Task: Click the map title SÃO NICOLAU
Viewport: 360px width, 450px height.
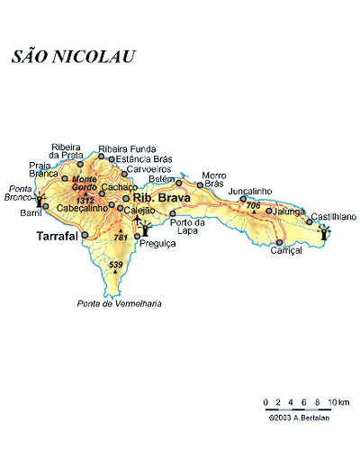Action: (74, 57)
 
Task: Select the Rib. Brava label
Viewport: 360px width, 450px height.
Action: (161, 197)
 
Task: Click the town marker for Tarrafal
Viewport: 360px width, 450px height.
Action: (85, 236)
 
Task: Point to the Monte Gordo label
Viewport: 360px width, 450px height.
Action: (84, 183)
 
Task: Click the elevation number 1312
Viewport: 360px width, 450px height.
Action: (85, 200)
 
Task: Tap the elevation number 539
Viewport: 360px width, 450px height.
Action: (115, 265)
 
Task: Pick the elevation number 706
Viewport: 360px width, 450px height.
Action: (253, 206)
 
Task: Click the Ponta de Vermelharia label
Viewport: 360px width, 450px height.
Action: (119, 303)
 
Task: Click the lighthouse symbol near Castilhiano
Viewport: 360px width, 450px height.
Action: (324, 233)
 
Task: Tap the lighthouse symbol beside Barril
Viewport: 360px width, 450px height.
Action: (39, 200)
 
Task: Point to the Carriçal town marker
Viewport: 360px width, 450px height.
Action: (280, 241)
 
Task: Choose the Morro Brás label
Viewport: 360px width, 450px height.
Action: (212, 179)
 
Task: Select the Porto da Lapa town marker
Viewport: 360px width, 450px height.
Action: (173, 213)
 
